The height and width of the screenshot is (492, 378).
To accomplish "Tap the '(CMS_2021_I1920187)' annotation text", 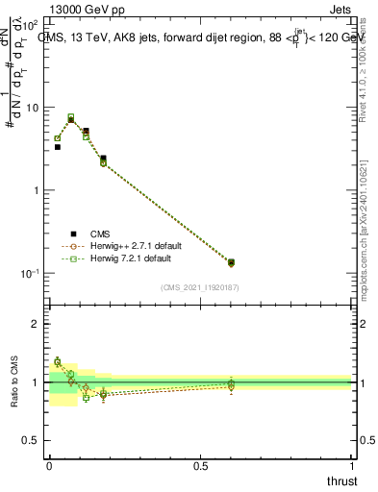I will (200, 287).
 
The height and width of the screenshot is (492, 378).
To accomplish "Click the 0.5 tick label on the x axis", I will (200, 466).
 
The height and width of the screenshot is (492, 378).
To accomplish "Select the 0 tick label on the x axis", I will (49, 466).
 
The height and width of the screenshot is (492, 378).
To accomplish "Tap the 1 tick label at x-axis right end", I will (352, 466).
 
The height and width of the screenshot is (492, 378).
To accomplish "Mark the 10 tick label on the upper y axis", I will (32, 108).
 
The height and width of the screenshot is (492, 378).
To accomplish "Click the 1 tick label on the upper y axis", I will (36, 190).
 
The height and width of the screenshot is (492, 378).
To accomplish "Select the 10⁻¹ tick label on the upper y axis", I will (31, 274).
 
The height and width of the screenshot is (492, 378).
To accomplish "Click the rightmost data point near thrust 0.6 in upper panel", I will (230, 262).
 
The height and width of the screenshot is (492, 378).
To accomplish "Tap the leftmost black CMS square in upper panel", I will (57, 147).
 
